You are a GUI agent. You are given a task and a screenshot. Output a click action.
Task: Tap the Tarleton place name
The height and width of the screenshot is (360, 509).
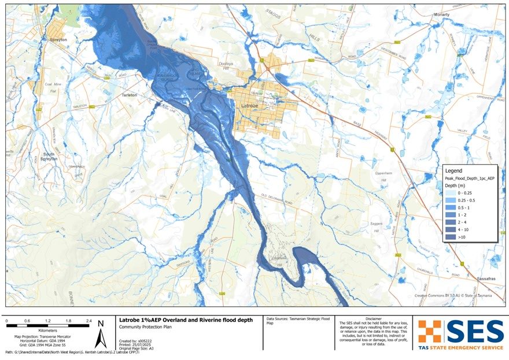[x=129, y=95]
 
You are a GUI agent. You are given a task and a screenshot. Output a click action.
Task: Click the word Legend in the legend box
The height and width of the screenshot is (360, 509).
[x=453, y=171]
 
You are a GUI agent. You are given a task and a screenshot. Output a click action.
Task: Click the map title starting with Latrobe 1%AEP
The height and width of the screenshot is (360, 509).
[x=185, y=320]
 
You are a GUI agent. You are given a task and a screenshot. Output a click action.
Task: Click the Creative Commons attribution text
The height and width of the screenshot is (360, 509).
[x=453, y=295]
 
